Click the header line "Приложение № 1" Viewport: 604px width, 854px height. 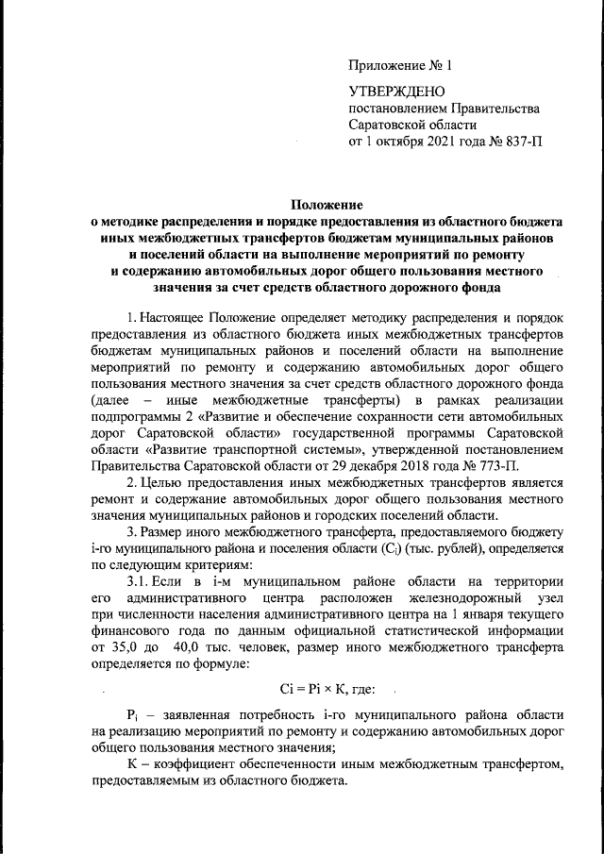401,67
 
